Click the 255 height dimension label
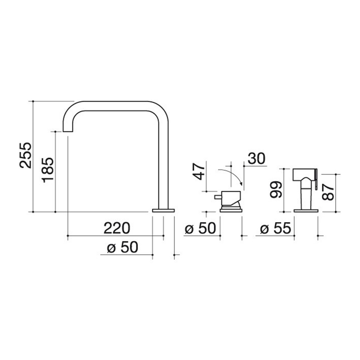click(x=25, y=155)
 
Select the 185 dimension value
click(x=48, y=170)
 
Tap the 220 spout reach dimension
click(x=117, y=228)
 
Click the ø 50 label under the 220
click(x=122, y=247)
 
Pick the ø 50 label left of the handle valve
click(x=200, y=228)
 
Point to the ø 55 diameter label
click(x=275, y=228)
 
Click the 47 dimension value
click(x=199, y=171)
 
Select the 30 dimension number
click(x=256, y=158)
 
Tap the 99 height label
click(x=275, y=189)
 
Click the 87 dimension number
click(x=328, y=193)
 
